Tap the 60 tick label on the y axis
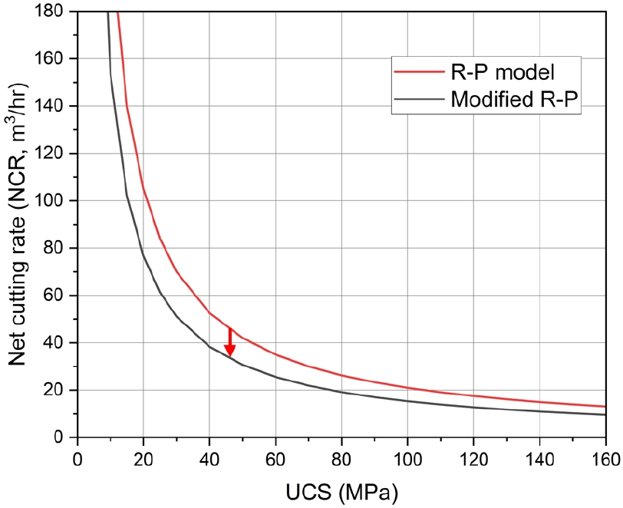pos(58,295)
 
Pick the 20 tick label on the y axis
pos(58,390)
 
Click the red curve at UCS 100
pos(407,388)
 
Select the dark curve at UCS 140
pos(539,411)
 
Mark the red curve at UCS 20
pos(143,188)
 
